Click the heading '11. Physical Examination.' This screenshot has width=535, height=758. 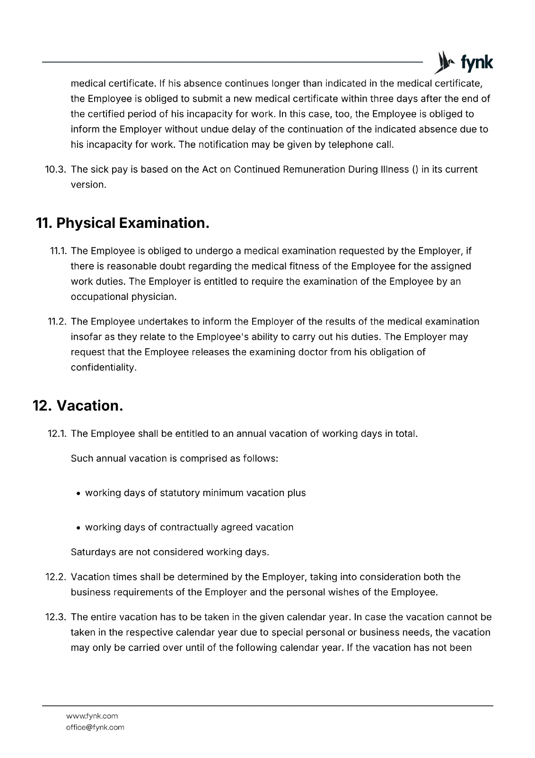tap(123, 223)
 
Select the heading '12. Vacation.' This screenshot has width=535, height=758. tap(78, 406)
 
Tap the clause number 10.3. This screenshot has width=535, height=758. tap(55, 170)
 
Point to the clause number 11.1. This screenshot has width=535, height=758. tap(58, 251)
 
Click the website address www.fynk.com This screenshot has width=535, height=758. tap(92, 716)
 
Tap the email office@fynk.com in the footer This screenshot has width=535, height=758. tap(95, 727)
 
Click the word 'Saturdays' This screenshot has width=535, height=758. tap(91, 552)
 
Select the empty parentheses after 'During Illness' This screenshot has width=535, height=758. tap(415, 170)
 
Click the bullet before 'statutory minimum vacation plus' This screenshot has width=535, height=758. tap(78, 494)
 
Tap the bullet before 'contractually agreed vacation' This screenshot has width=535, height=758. tap(78, 528)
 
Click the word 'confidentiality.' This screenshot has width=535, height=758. tap(104, 368)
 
